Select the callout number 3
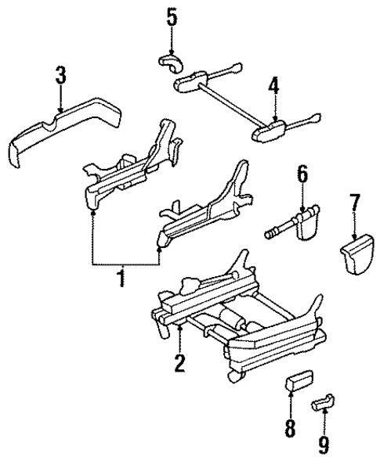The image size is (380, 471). [61, 77]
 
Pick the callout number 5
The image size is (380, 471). [172, 17]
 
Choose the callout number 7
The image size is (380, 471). [356, 206]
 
